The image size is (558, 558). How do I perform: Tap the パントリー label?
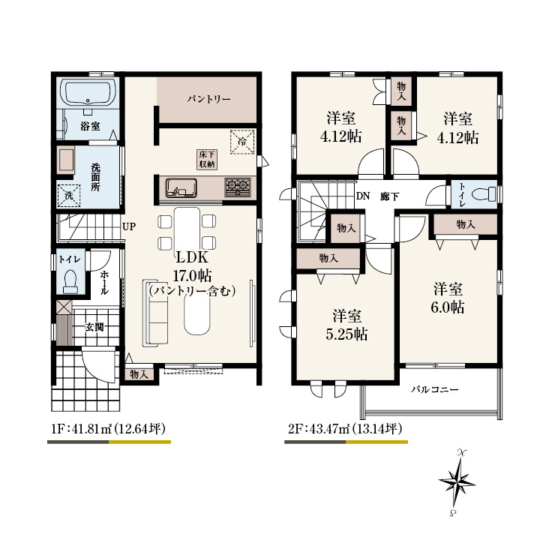(209, 99)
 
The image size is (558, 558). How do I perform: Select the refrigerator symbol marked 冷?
(242, 142)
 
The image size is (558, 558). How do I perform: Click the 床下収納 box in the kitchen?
(207, 160)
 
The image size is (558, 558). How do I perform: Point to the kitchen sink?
(181, 188)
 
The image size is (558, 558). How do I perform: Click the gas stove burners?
(237, 187)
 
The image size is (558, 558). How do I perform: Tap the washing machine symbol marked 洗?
(69, 195)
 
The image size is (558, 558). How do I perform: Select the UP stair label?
(129, 226)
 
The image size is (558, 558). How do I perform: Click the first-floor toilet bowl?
(70, 281)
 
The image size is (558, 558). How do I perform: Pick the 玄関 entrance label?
(94, 327)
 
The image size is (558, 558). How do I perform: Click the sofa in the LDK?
(155, 313)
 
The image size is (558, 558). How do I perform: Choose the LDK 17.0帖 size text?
(192, 275)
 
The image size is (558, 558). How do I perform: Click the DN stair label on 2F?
(363, 196)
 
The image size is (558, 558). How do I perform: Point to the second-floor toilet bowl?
(484, 194)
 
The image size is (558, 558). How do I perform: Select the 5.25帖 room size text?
(346, 334)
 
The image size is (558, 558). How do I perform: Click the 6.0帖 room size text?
(447, 307)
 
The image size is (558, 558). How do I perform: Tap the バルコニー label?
(435, 389)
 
